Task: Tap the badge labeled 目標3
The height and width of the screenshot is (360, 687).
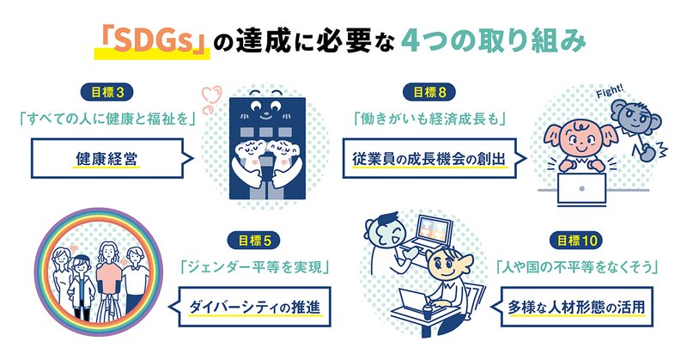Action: tap(106, 93)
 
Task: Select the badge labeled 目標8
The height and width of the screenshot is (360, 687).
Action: tap(429, 93)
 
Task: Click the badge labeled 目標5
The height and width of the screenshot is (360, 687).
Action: tap(255, 241)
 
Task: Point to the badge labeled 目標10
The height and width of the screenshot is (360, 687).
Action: tap(576, 241)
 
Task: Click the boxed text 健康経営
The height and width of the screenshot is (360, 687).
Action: tap(106, 158)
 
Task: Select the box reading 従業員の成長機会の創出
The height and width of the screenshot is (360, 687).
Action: tap(429, 158)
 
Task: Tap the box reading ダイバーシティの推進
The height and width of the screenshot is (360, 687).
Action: tap(254, 307)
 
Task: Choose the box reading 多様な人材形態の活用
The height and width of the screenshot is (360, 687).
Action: tap(576, 307)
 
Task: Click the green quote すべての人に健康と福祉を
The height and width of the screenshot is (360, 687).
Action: tap(106, 119)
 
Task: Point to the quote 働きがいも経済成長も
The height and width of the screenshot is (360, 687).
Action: tap(429, 119)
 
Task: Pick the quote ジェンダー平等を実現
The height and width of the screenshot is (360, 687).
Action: tap(255, 267)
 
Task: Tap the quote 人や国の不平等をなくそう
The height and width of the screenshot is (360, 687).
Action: tap(576, 267)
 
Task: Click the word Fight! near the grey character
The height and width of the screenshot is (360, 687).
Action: tap(610, 92)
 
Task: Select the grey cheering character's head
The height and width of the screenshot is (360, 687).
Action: tap(634, 115)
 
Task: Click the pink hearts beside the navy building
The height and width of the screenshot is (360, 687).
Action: tap(212, 99)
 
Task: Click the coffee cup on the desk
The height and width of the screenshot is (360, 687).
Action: tap(428, 312)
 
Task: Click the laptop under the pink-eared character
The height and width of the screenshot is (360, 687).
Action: tap(582, 188)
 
